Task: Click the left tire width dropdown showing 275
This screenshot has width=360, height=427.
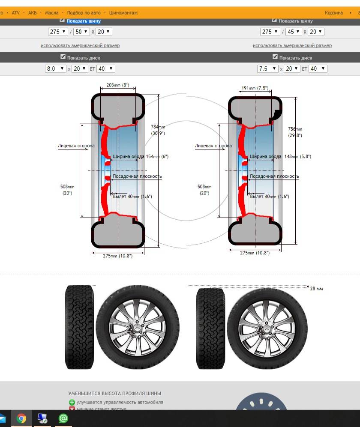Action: click(x=58, y=32)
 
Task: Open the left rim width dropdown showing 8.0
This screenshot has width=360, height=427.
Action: click(x=56, y=69)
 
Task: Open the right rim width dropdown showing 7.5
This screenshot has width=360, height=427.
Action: click(x=268, y=69)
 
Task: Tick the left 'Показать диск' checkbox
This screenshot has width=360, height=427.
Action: click(x=63, y=57)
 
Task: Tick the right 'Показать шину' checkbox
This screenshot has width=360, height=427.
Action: click(x=274, y=20)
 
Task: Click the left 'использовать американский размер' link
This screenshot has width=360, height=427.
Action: click(x=80, y=45)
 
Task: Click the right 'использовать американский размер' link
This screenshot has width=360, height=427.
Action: click(x=292, y=45)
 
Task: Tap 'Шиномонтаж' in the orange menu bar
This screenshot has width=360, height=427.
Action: click(x=123, y=13)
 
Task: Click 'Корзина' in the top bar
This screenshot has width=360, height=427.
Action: click(x=334, y=13)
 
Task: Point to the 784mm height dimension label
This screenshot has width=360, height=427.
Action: click(x=158, y=130)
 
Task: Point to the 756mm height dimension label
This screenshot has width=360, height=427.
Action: click(x=295, y=132)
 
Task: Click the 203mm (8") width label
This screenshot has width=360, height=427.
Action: click(x=117, y=85)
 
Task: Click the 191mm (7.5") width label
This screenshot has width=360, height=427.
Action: click(x=255, y=88)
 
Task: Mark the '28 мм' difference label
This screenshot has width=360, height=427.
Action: click(x=316, y=289)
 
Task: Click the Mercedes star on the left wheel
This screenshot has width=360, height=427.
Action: click(x=138, y=328)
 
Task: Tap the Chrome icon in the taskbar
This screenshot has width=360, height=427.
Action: click(x=21, y=418)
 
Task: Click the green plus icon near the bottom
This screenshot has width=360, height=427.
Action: click(x=72, y=403)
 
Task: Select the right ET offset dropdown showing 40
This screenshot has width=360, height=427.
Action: click(x=318, y=69)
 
